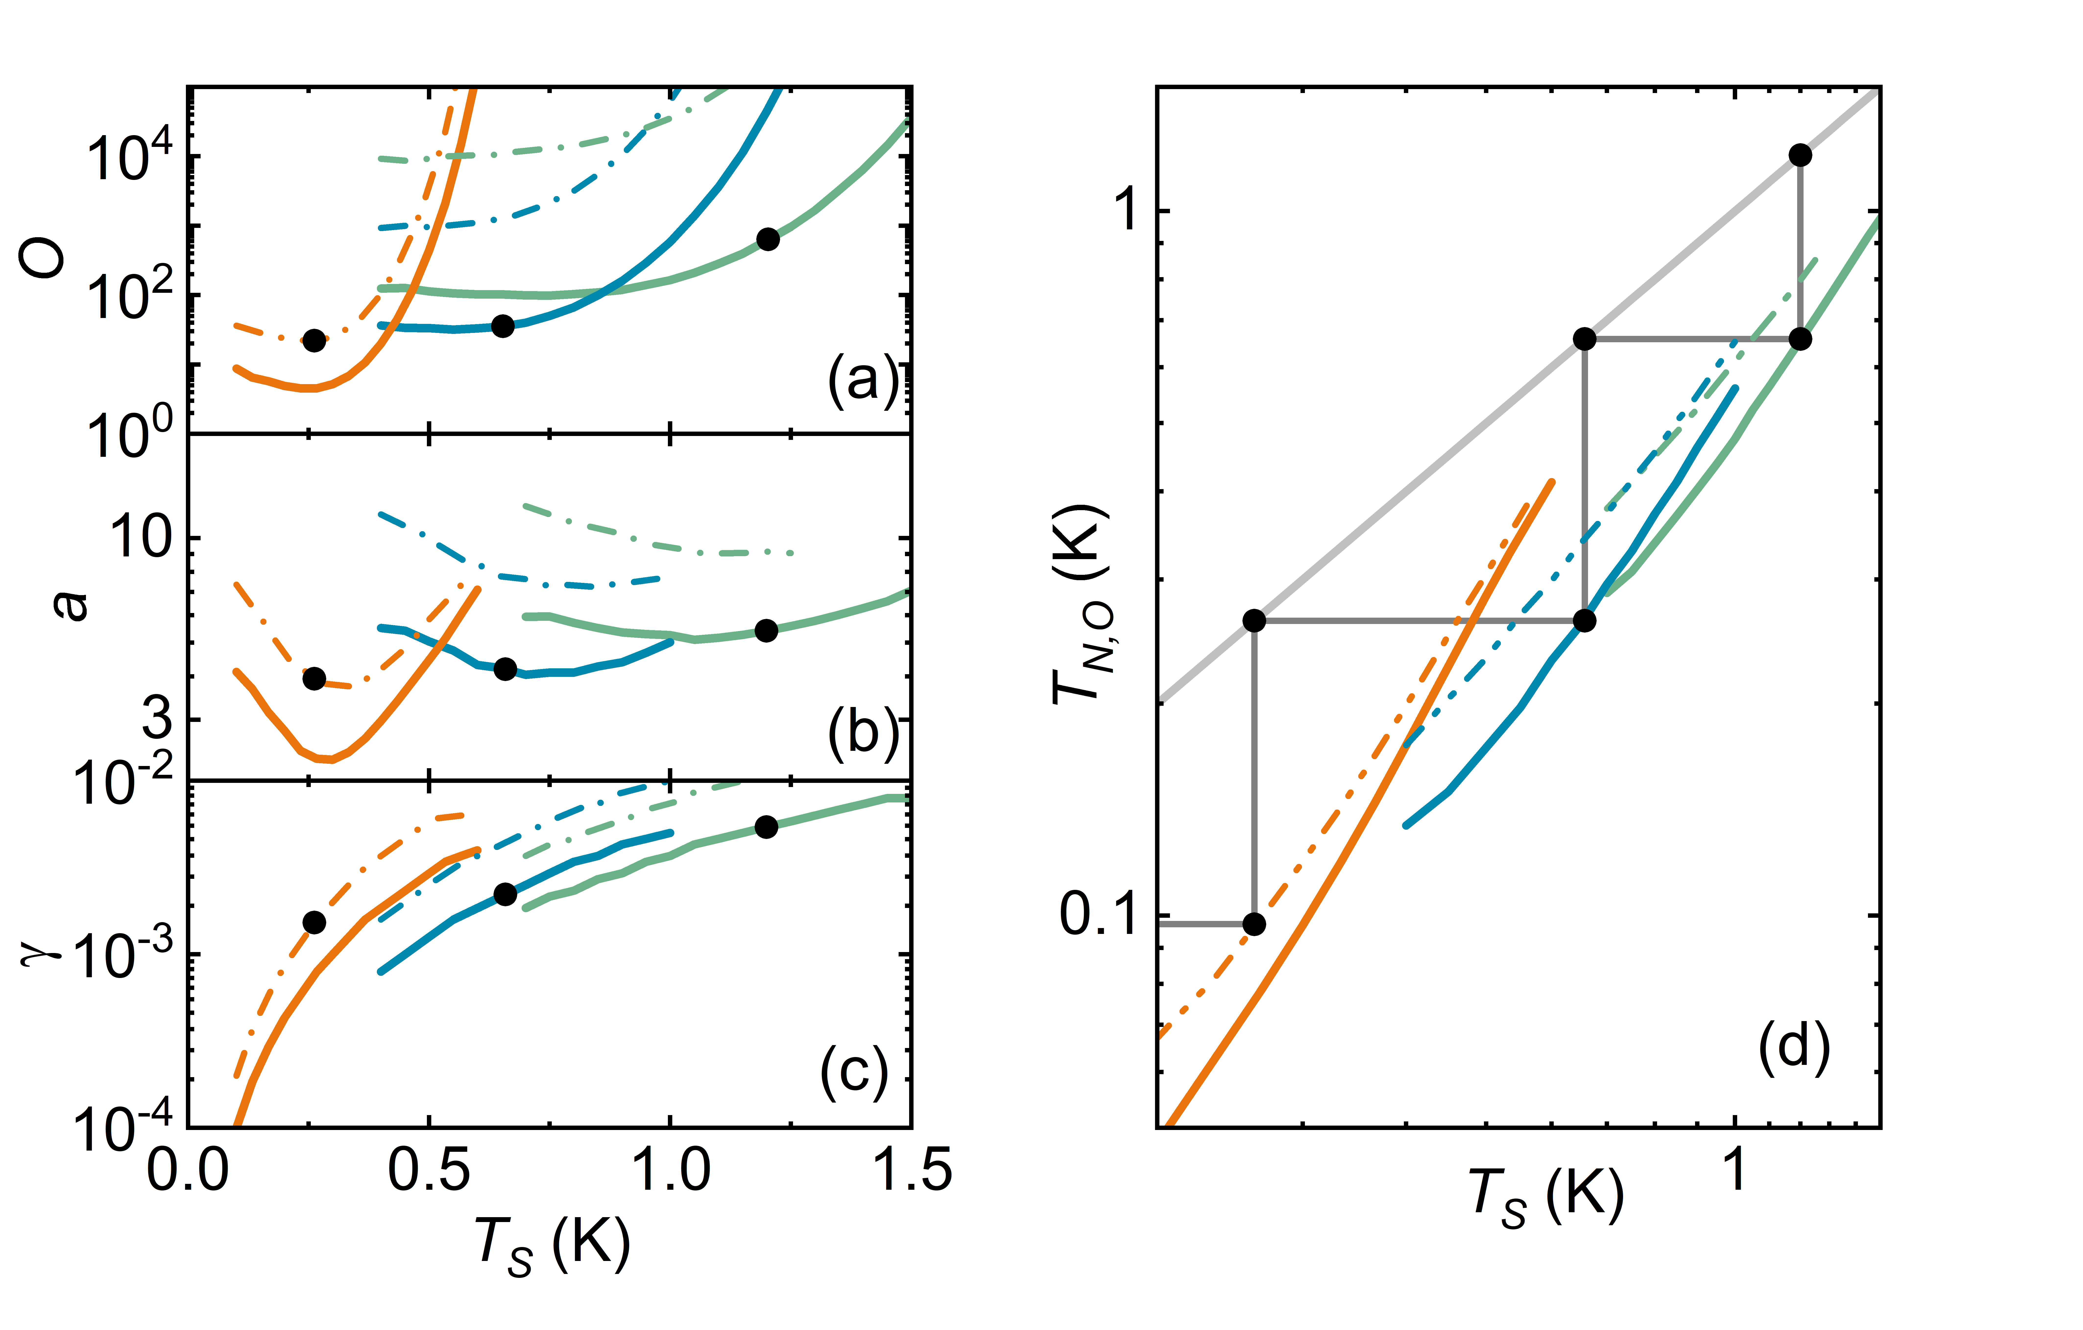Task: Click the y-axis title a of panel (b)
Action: pyautogui.click(x=69, y=605)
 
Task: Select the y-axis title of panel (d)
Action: pyautogui.click(x=1081, y=605)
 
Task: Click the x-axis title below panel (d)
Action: pyautogui.click(x=1546, y=1198)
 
